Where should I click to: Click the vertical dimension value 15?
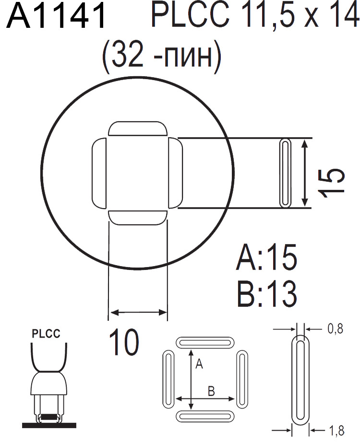[333, 182]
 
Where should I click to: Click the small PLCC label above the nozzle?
[46, 334]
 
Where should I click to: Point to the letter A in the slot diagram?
[200, 365]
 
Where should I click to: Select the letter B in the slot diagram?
[210, 391]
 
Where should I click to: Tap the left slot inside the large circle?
[99, 173]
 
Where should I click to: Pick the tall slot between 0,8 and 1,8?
[301, 380]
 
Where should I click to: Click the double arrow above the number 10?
[138, 313]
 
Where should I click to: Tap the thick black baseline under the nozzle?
[49, 424]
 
